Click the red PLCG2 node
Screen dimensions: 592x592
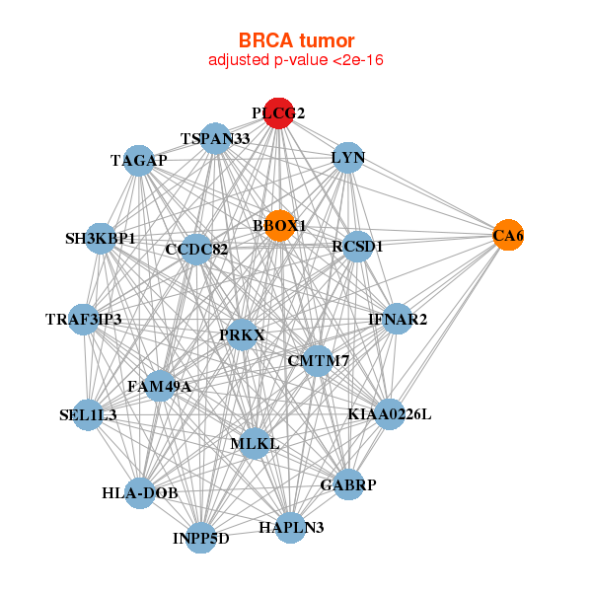(x=278, y=113)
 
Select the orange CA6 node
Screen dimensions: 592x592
(x=508, y=235)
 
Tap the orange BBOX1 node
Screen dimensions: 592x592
(x=279, y=226)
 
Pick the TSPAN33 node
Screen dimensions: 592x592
(x=215, y=139)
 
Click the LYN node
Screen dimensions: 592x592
(x=348, y=158)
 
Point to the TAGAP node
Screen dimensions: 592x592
(x=139, y=160)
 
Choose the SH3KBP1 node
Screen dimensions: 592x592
(x=101, y=238)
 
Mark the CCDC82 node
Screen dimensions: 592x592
(x=196, y=250)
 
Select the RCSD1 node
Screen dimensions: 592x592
(x=357, y=246)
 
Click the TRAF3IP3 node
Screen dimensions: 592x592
(x=84, y=320)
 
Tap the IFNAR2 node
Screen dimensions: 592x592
(x=398, y=319)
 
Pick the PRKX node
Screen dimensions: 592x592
(x=242, y=335)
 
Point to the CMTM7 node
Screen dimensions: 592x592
(x=318, y=361)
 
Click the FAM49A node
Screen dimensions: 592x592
(x=159, y=386)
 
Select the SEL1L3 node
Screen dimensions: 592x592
(x=88, y=415)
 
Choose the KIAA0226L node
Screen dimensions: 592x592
(x=389, y=414)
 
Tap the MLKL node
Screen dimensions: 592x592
(x=255, y=444)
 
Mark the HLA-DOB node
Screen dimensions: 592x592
(x=139, y=492)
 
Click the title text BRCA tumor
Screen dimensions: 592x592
(x=296, y=40)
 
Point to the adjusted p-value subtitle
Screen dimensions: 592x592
(x=296, y=60)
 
